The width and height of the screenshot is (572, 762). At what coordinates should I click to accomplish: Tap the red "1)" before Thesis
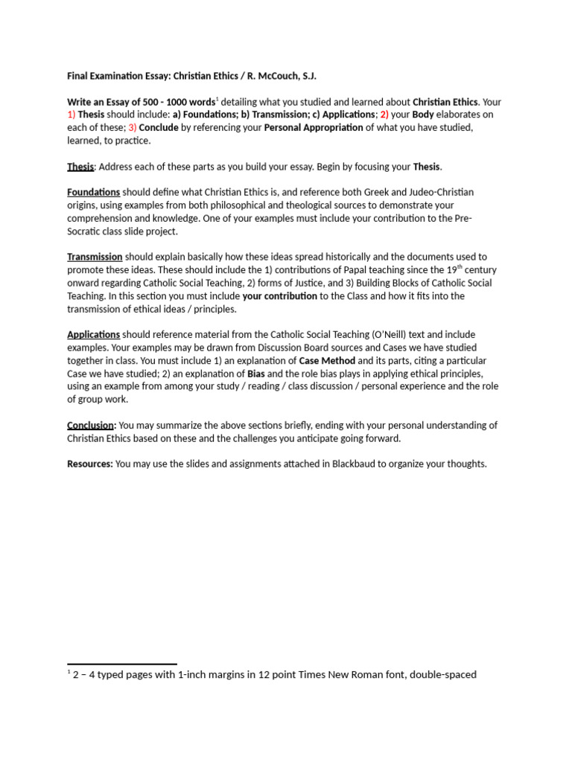click(71, 115)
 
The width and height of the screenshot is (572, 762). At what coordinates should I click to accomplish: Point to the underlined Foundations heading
click(93, 192)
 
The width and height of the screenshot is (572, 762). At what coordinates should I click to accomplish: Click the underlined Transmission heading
click(95, 257)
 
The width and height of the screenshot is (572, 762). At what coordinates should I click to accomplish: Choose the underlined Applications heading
click(93, 335)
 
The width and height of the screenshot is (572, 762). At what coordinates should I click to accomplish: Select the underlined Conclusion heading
click(91, 425)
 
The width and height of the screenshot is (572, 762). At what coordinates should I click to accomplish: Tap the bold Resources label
click(90, 464)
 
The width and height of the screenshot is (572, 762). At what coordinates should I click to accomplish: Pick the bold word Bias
click(256, 374)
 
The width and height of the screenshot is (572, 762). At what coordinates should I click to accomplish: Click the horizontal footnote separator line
click(122, 664)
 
